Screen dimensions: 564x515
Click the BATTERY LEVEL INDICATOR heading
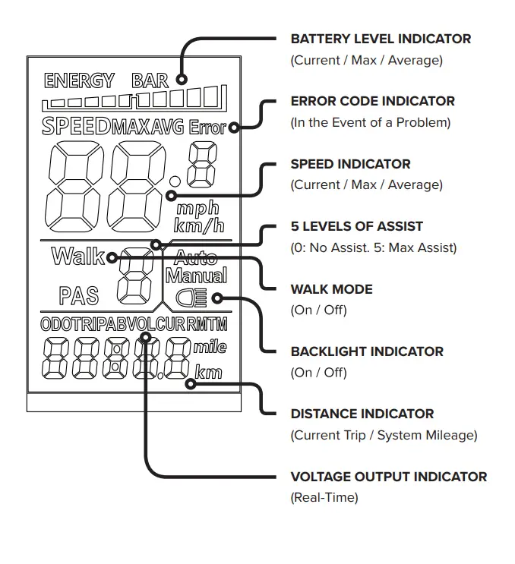(x=381, y=39)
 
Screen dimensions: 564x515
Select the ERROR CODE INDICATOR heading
(x=372, y=101)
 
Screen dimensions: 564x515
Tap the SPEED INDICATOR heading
(x=350, y=164)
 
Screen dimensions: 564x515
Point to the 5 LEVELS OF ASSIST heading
(x=356, y=226)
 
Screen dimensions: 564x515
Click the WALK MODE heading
(x=331, y=289)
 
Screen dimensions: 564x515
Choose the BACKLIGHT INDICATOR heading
(x=367, y=351)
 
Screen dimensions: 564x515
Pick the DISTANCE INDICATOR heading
(x=362, y=414)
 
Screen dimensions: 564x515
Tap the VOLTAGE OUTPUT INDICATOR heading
(x=388, y=477)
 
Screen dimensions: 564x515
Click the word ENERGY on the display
(x=79, y=80)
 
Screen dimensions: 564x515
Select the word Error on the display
(x=207, y=128)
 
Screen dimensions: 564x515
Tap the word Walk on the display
(x=77, y=257)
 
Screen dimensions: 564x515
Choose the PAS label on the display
(x=79, y=294)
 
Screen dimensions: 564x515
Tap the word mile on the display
(x=209, y=348)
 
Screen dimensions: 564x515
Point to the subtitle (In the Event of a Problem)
(x=370, y=122)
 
